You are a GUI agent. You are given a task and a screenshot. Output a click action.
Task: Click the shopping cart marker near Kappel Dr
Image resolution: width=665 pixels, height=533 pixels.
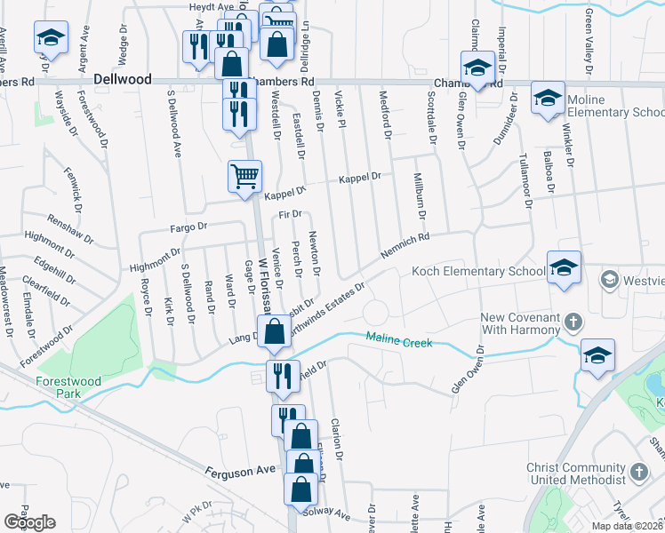point(244,175)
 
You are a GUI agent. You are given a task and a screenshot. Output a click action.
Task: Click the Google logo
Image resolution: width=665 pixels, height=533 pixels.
point(29,522)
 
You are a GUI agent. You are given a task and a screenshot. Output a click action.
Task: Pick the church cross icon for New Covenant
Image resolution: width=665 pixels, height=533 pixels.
point(574,320)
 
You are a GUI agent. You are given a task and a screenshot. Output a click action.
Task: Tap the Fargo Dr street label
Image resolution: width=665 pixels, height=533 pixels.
point(188,228)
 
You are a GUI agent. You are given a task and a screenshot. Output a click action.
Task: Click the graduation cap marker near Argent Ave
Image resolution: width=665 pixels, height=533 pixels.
point(51,39)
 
